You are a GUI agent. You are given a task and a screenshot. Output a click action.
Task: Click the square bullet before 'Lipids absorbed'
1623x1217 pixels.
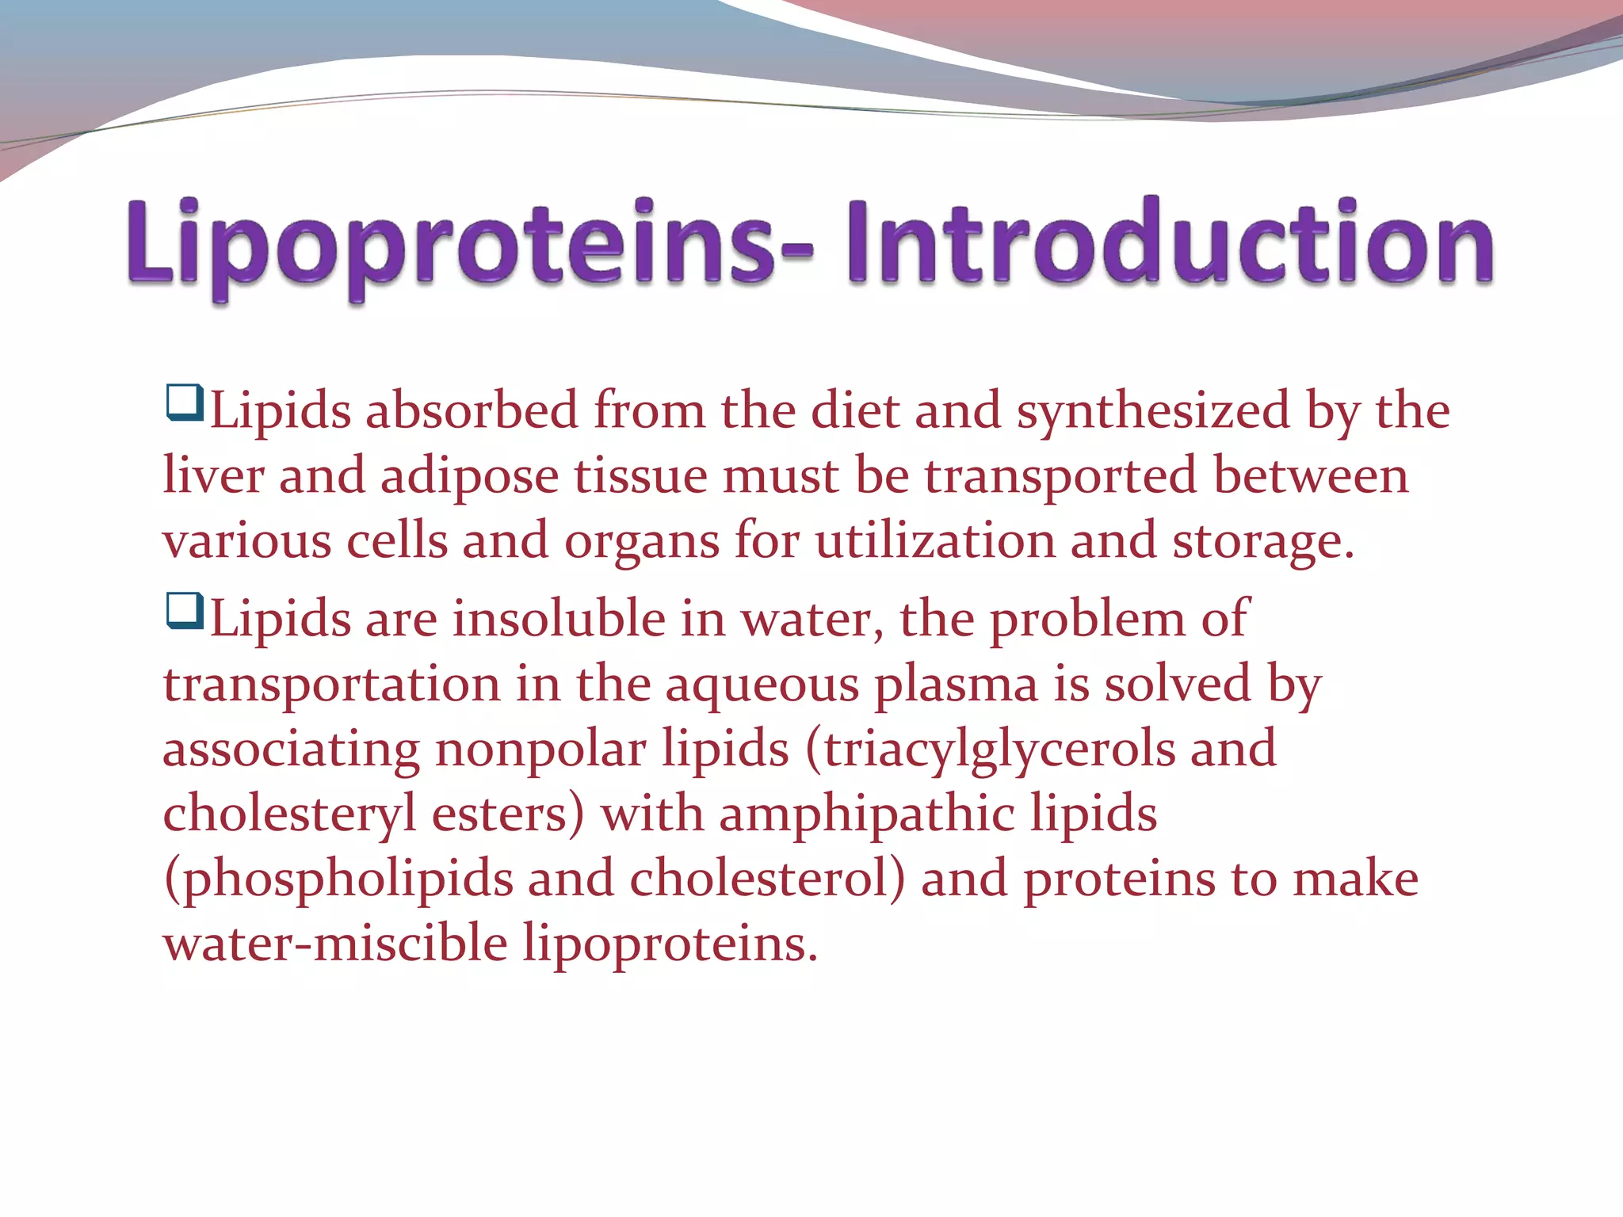click(185, 402)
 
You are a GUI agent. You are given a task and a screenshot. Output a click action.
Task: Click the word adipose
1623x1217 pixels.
click(469, 477)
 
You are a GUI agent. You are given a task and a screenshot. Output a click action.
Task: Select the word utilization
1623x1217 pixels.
click(935, 542)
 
